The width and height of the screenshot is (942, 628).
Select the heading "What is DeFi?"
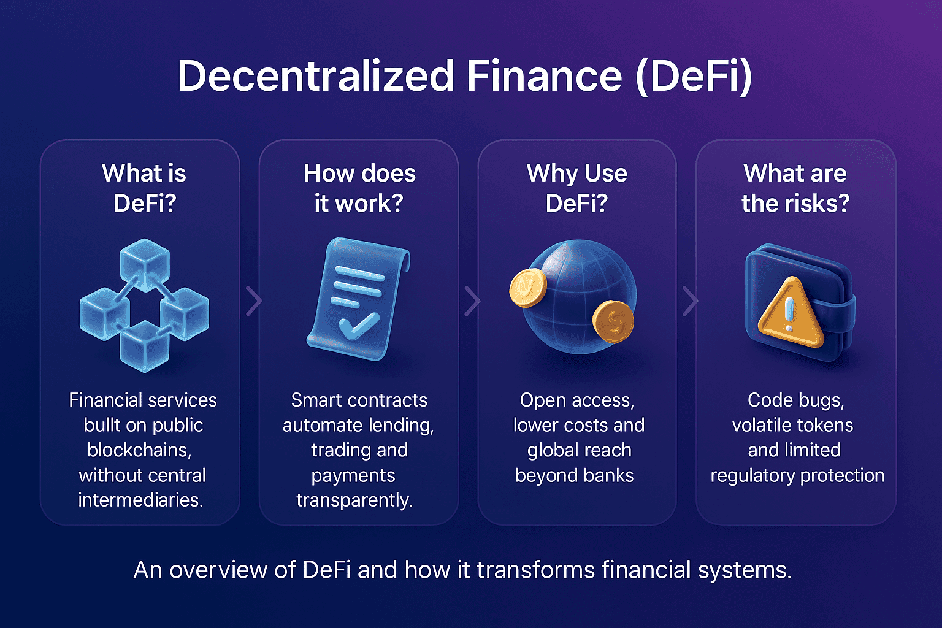point(144,188)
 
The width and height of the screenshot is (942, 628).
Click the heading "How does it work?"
point(359,188)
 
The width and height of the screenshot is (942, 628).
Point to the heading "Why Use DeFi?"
point(576,188)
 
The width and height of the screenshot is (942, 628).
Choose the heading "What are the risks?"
point(795,188)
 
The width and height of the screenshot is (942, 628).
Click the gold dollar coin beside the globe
point(613,321)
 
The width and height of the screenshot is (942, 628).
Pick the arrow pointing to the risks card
point(691,301)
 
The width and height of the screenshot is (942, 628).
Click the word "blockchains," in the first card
point(139,450)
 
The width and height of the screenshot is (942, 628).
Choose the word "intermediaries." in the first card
point(140,500)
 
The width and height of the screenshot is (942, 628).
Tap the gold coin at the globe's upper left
point(528,287)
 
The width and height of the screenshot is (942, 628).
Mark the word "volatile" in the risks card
point(761,425)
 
